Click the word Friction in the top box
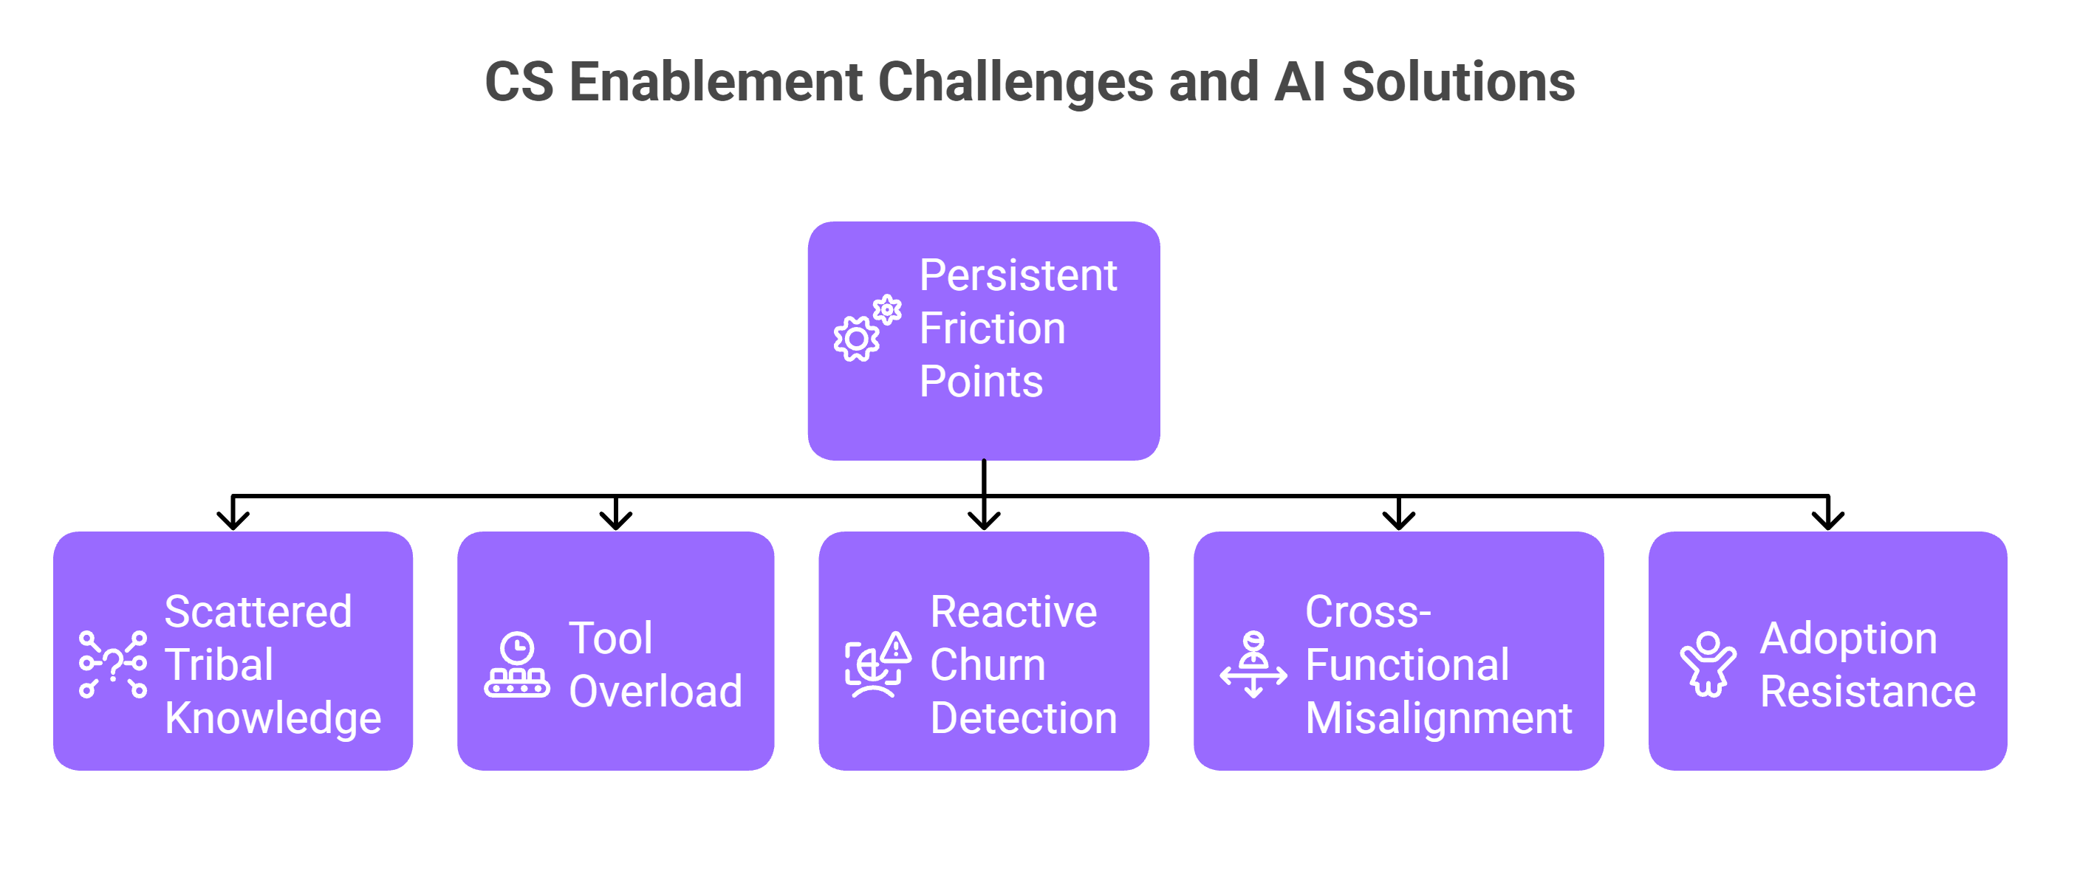click(992, 329)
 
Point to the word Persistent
click(1018, 275)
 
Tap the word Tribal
click(219, 665)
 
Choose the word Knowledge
click(273, 718)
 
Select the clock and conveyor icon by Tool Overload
click(517, 665)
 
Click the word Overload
click(655, 692)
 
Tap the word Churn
click(987, 665)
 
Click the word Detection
click(1024, 718)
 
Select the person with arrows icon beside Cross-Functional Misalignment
click(1253, 665)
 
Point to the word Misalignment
click(1438, 718)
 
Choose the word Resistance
click(1867, 692)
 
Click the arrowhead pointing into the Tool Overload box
click(615, 520)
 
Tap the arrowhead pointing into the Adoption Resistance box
click(1827, 520)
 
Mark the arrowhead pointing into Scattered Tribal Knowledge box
click(233, 520)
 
